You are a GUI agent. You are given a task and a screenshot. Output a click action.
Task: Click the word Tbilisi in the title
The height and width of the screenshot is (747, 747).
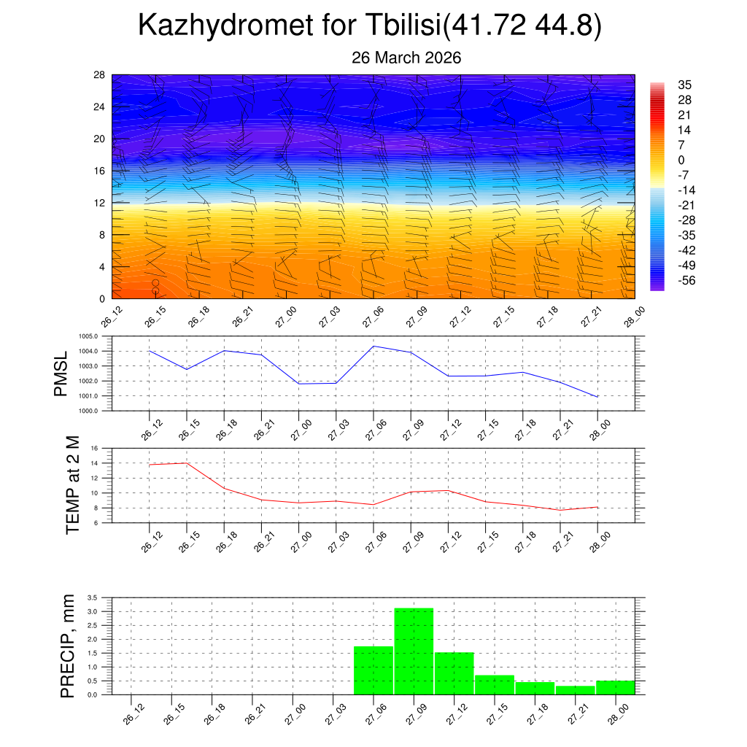point(400,26)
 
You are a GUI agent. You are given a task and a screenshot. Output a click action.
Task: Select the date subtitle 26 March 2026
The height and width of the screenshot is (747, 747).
point(406,58)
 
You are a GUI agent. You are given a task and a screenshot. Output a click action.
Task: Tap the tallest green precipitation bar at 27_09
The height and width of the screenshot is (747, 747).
point(414,651)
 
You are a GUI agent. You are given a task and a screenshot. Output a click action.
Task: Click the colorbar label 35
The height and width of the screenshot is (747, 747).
point(685,84)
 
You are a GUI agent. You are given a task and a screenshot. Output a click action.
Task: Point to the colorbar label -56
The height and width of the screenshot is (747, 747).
point(687,281)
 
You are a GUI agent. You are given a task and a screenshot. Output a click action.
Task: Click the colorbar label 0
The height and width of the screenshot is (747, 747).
point(681,160)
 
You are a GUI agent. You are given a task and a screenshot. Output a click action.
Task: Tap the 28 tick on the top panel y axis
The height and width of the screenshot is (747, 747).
point(98,74)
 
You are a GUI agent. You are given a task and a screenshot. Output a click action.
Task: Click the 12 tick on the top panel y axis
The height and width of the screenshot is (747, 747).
point(98,203)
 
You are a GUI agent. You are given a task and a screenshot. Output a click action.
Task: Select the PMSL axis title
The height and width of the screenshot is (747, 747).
point(61,373)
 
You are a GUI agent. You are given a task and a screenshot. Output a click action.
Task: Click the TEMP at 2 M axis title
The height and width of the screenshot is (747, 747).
point(73,485)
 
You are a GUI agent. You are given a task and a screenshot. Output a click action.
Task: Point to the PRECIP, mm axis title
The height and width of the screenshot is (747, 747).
point(68,646)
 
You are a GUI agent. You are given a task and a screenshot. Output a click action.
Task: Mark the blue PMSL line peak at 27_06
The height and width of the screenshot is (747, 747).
point(373,346)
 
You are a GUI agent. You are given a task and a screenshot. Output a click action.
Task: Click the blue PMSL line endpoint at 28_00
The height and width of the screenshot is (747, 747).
point(597,397)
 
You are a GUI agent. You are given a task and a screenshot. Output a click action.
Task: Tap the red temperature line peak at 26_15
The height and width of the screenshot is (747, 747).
point(187,463)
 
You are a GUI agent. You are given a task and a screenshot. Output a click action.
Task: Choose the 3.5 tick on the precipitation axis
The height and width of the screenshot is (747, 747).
point(93,597)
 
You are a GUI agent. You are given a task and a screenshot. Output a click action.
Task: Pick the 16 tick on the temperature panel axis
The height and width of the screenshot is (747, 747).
point(94,448)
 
